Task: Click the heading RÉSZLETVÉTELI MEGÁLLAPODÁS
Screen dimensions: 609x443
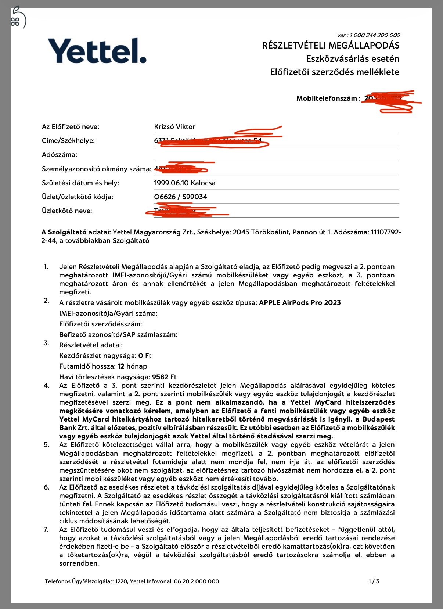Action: (331, 46)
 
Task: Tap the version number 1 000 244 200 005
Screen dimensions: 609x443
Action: (374, 35)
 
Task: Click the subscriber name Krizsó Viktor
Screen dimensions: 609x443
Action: (174, 127)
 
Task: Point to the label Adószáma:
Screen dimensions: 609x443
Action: (60, 155)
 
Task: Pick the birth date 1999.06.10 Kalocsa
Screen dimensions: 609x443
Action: (184, 183)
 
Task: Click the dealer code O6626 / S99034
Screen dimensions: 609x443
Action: (180, 197)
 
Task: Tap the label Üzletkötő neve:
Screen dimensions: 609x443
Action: (67, 211)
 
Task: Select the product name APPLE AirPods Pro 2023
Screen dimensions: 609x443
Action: (300, 303)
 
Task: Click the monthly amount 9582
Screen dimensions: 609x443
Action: (160, 377)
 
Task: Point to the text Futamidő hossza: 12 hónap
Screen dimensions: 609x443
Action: (103, 366)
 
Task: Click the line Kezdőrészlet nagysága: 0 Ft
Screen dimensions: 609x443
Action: (105, 356)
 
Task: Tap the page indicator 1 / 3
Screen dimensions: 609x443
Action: (374, 581)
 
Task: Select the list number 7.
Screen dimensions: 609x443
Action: (46, 530)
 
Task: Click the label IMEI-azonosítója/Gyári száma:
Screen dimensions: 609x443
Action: (108, 314)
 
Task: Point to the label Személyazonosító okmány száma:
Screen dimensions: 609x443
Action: (97, 169)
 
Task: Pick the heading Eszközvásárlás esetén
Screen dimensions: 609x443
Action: (353, 59)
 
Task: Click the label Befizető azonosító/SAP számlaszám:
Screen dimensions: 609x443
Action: (118, 335)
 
